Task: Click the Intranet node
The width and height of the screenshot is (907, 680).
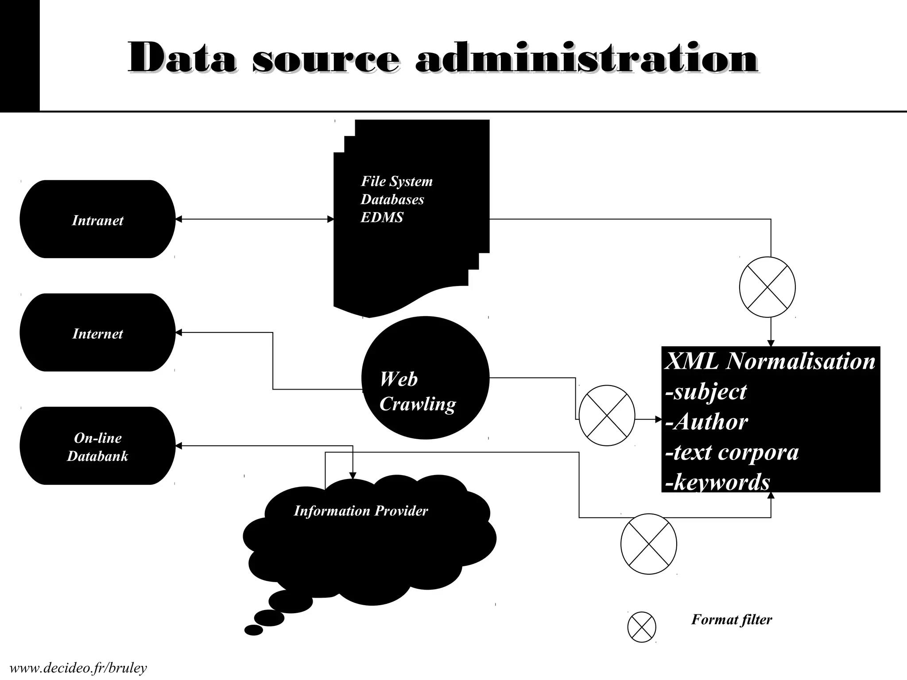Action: [97, 220]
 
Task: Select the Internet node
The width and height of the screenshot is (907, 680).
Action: [97, 333]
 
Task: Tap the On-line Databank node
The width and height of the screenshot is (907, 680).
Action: [97, 446]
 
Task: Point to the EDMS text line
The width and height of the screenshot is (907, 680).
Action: [382, 217]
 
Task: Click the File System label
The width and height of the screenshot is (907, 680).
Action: [396, 181]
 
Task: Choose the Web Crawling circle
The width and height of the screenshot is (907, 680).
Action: [425, 378]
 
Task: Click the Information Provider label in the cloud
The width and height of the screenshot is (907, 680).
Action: [361, 511]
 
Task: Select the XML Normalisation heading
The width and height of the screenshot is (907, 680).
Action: [770, 361]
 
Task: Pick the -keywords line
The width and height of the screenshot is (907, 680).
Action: [717, 482]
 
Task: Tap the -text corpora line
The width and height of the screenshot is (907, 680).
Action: [732, 452]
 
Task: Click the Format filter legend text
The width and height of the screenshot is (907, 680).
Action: [732, 619]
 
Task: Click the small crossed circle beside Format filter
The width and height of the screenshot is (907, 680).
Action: [642, 626]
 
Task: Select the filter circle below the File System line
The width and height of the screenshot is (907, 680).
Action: [767, 287]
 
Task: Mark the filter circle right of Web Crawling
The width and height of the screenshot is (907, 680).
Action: [607, 415]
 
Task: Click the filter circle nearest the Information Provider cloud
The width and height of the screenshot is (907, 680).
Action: [649, 544]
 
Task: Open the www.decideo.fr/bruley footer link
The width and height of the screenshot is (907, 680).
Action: [78, 668]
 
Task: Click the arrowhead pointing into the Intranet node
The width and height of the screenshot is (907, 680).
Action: [178, 219]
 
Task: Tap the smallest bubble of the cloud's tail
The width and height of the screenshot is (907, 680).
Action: [254, 630]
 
